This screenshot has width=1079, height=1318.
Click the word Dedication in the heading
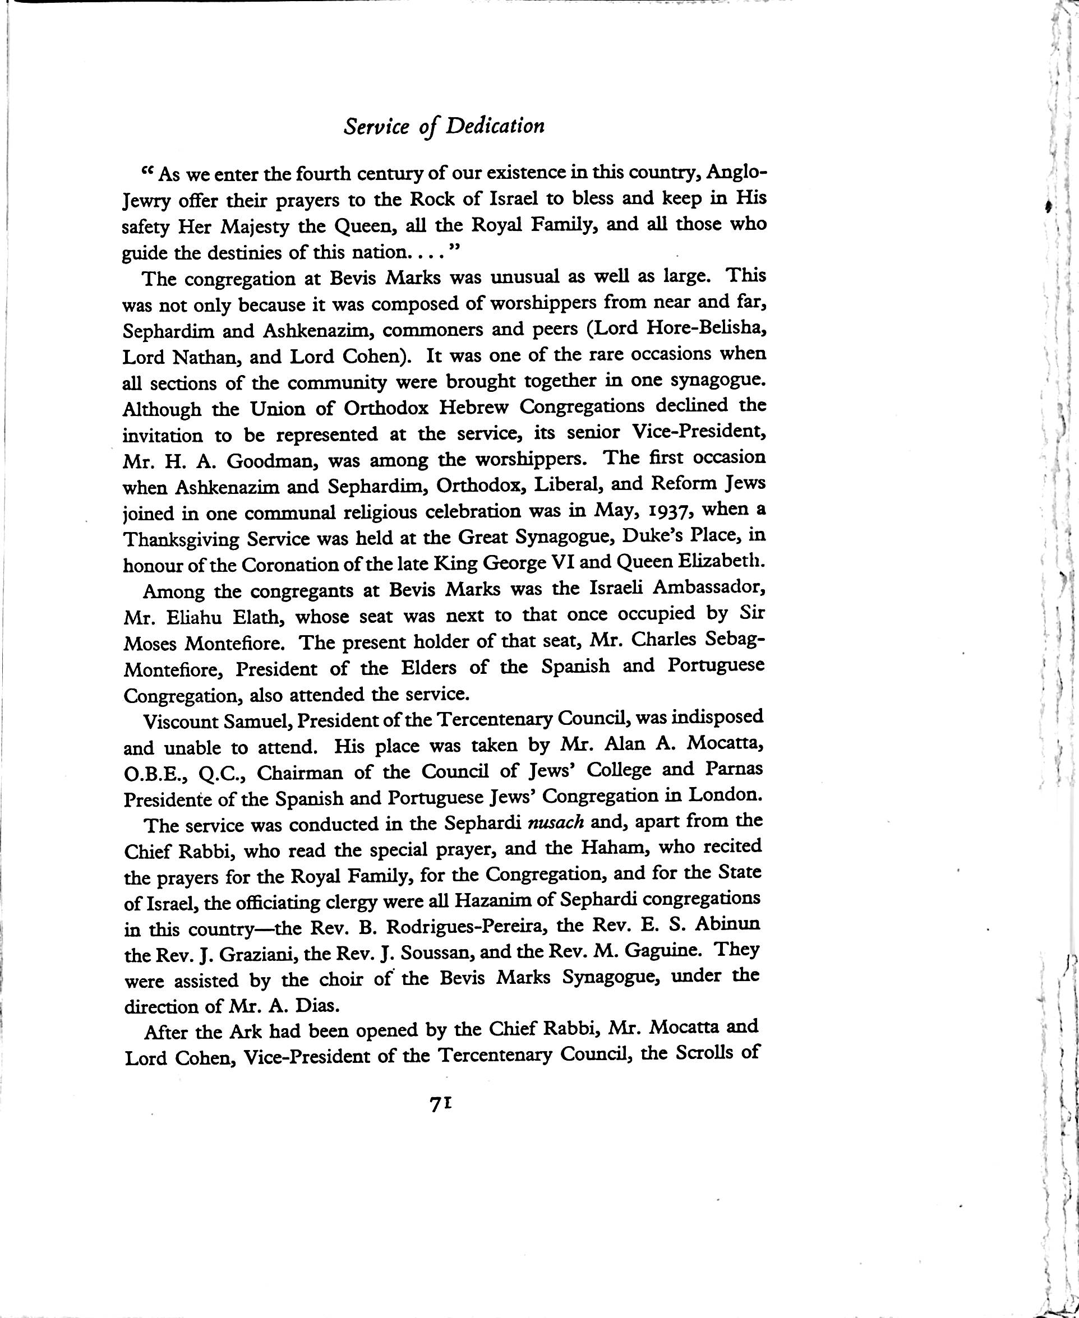(x=495, y=126)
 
